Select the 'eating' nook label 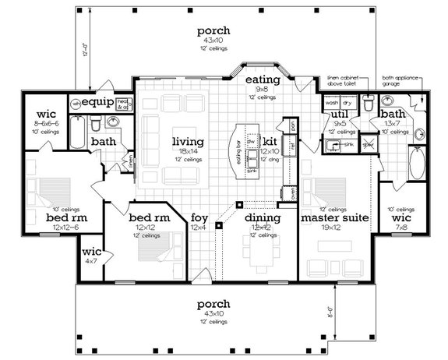point(258,80)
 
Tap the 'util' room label point(340,114)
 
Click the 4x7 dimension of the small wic point(92,260)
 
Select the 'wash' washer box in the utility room point(331,102)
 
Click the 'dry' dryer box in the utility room point(347,102)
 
